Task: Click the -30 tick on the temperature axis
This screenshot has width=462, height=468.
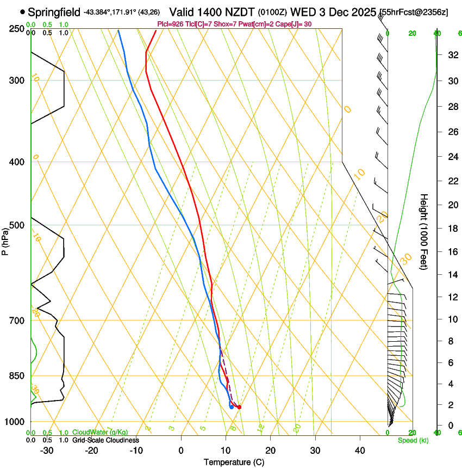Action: click(x=47, y=451)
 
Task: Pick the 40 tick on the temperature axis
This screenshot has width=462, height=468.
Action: click(x=360, y=451)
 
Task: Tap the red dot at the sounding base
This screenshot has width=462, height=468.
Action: click(x=239, y=407)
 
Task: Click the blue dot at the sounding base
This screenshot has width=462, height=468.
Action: click(x=232, y=407)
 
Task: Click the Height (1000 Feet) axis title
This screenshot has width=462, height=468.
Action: click(x=424, y=232)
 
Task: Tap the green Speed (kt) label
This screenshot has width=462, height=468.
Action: click(x=413, y=440)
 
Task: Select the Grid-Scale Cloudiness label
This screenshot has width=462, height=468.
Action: click(x=105, y=440)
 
